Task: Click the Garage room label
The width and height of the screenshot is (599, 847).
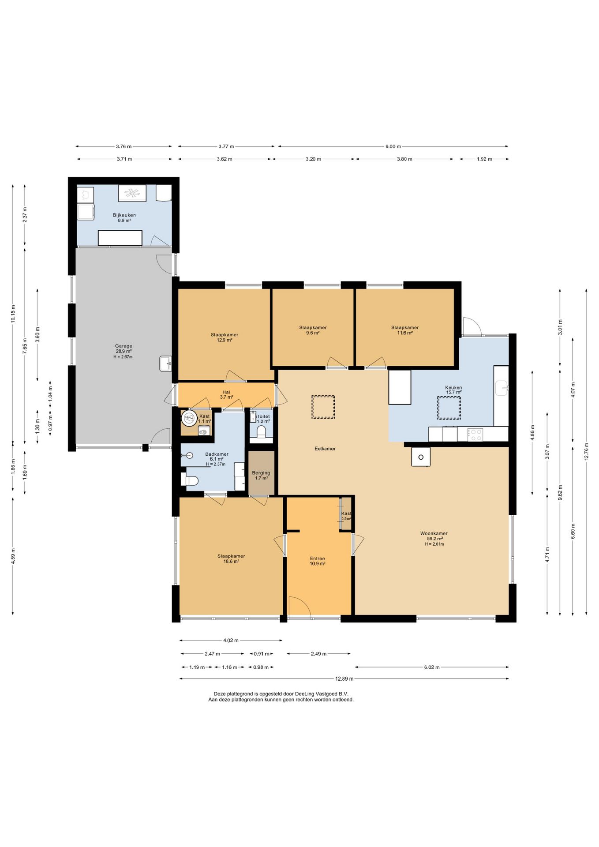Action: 124,346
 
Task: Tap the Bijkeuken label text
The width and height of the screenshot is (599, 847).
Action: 124,215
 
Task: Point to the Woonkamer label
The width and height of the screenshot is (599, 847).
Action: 434,533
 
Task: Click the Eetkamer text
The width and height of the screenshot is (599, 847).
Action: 325,449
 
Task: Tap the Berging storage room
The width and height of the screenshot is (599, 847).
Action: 262,473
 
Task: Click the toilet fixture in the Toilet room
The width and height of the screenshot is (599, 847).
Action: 261,431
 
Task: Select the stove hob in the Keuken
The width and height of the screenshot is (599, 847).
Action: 475,435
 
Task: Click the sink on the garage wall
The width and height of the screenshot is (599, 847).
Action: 165,364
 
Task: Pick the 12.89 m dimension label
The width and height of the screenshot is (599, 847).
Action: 344,679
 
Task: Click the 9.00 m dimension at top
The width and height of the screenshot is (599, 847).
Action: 393,146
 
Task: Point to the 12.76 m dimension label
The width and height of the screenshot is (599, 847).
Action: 586,451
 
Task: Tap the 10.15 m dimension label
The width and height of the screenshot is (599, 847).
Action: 13,314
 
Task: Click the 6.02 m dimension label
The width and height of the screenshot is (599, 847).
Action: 432,667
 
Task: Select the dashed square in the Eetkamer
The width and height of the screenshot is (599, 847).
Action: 323,407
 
